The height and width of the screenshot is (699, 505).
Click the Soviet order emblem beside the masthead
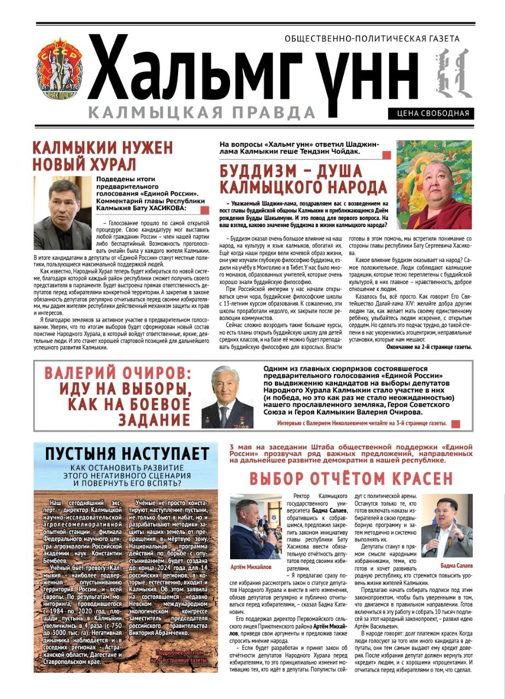coord(60,68)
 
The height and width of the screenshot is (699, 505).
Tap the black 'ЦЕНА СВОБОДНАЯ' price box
coord(431,114)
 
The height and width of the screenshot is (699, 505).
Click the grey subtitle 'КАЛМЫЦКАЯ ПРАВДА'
coord(202,112)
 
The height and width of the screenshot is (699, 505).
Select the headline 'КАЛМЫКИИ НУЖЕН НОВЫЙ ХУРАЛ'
coord(103,156)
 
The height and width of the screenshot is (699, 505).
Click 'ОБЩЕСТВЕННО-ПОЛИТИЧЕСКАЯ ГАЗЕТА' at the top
coord(372,39)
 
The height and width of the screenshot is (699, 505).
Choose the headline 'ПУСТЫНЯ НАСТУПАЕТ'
coord(127,454)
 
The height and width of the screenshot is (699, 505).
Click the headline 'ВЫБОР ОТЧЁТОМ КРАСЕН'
coord(351,479)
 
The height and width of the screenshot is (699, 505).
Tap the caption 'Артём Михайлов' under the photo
coord(251,567)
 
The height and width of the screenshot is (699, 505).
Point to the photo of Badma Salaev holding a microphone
coord(447,525)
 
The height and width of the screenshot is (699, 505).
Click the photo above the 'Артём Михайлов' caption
coord(255,526)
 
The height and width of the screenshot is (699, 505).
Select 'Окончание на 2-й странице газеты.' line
coord(428,347)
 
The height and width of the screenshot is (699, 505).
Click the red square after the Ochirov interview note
coord(456,423)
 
